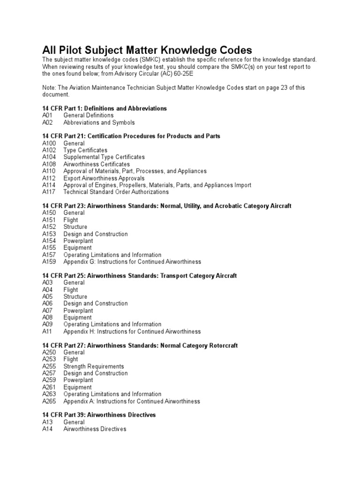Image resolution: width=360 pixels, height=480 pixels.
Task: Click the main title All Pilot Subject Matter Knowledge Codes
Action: coord(147,50)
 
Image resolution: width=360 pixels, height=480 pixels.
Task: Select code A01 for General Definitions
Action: coord(48,115)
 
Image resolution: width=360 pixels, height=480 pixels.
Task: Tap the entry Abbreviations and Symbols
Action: coord(99,122)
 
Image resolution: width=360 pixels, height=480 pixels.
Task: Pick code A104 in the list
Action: coord(49,157)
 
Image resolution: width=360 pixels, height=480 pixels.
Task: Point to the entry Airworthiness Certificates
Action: coord(97,164)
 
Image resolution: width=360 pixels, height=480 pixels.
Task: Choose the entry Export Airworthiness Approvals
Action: coord(104,178)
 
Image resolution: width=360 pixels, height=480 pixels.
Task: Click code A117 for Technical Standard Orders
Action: coord(49,192)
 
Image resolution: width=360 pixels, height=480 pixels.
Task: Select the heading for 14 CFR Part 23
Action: coord(166,206)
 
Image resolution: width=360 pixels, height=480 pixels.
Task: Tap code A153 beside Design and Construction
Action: coord(49,234)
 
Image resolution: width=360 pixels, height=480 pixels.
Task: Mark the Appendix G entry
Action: coord(132,262)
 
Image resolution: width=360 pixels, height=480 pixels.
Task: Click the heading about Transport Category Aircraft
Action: coord(139,276)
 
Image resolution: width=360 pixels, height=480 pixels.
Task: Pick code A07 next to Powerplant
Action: coord(48,310)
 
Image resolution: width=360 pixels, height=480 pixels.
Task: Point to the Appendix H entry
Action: coord(132,331)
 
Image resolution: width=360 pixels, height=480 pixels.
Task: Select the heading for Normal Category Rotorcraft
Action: coord(140,345)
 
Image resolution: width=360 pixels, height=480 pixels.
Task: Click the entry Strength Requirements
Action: coord(94,366)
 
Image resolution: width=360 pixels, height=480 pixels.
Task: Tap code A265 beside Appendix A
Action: coord(49,401)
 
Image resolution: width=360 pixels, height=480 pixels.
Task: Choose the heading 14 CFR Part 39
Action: coord(99,415)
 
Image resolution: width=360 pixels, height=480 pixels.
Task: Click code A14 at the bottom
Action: coord(48,429)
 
